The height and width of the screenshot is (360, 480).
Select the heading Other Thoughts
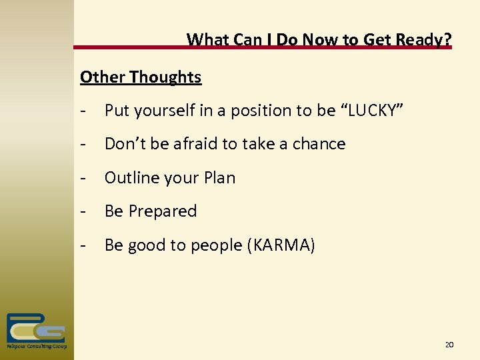tap(141, 77)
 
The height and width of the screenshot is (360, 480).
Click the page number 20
tap(449, 345)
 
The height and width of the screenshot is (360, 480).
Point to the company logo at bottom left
tap(35, 327)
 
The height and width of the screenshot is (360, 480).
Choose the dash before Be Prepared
tap(83, 211)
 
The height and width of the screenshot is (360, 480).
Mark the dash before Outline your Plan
tap(83, 178)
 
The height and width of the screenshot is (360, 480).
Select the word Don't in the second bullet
tap(124, 144)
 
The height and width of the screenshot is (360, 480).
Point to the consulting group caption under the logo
tap(36, 347)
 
